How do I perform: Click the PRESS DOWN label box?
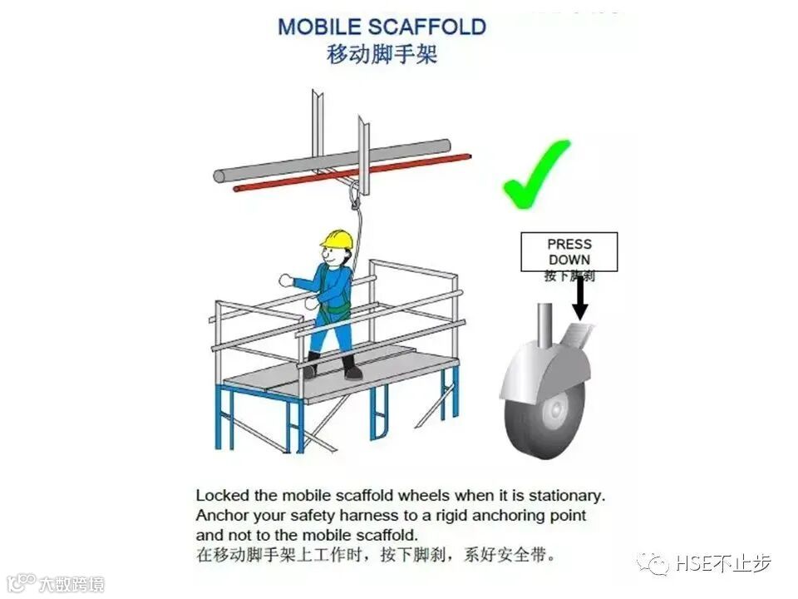[x=569, y=252]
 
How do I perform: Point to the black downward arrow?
[x=580, y=299]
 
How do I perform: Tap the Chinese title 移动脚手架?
[x=382, y=55]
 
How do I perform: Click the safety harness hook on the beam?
[x=356, y=198]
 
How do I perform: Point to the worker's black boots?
[x=332, y=367]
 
